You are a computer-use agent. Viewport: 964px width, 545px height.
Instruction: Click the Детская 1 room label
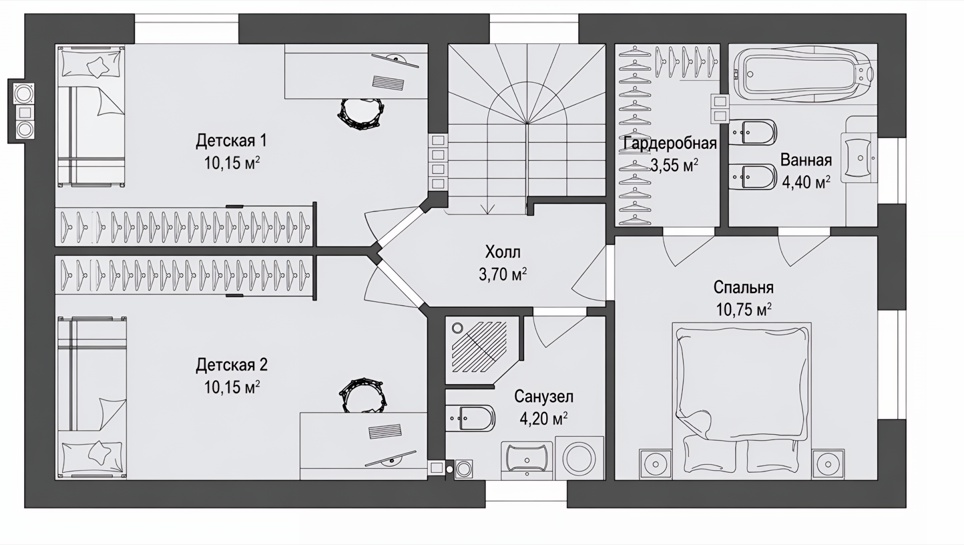pyautogui.click(x=231, y=141)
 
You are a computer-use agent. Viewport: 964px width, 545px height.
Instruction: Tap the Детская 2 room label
pyautogui.click(x=231, y=365)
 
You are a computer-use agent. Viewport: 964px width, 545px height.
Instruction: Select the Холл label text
pyautogui.click(x=503, y=252)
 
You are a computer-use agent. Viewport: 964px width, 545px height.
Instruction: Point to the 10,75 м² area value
pyautogui.click(x=744, y=309)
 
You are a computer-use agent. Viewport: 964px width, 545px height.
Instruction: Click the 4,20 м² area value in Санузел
pyautogui.click(x=544, y=418)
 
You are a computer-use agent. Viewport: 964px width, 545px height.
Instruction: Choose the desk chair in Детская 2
pyautogui.click(x=362, y=395)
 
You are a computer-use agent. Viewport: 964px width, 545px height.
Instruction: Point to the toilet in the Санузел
pyautogui.click(x=470, y=418)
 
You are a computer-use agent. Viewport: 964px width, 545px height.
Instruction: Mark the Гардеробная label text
pyautogui.click(x=670, y=144)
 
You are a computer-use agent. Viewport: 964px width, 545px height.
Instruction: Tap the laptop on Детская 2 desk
pyautogui.click(x=386, y=431)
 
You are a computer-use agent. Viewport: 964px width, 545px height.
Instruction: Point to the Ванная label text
pyautogui.click(x=806, y=160)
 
